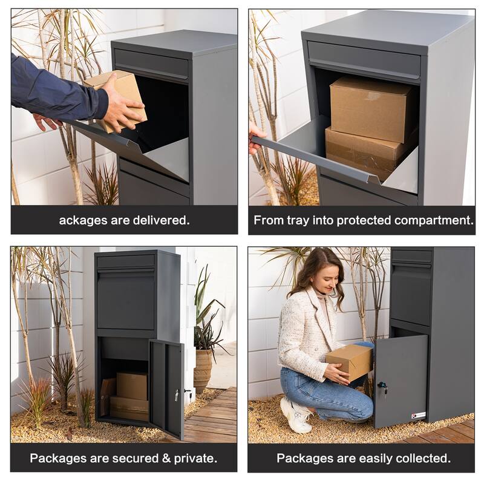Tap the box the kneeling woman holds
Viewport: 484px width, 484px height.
pyautogui.click(x=351, y=362)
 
